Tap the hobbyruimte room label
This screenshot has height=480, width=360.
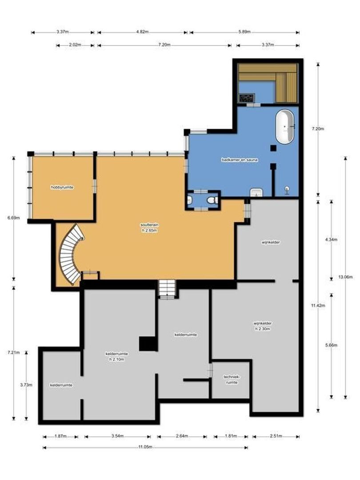point(62,188)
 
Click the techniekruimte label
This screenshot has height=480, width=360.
point(230,379)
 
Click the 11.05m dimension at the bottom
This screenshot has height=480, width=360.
point(145,447)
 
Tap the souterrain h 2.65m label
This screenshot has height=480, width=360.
point(149,228)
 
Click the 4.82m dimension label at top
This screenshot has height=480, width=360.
point(142,32)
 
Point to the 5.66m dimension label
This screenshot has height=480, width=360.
point(331,345)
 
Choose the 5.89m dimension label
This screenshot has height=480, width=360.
point(244,32)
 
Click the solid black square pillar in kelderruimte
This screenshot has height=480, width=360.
point(146,344)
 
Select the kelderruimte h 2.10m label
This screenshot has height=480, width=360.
point(117,356)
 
